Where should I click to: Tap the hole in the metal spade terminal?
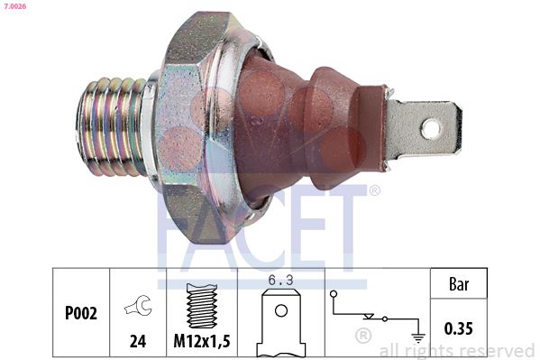click(430, 128)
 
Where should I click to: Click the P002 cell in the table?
click(82, 314)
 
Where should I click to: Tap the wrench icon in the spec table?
click(138, 309)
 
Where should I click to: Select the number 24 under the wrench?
click(138, 343)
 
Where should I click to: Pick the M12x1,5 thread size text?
click(201, 343)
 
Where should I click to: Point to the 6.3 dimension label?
click(281, 281)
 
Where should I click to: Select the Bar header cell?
click(458, 283)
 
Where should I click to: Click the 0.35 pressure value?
click(458, 329)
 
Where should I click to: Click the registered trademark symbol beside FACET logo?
click(375, 190)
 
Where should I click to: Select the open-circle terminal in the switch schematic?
click(334, 293)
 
